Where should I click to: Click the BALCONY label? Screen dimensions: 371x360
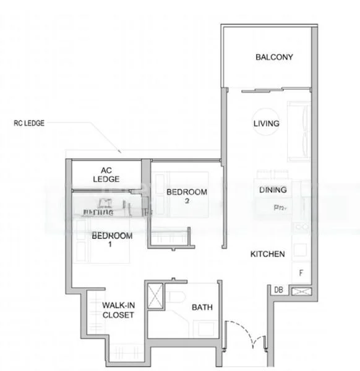coord(274,58)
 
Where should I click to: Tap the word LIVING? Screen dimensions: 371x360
coord(267,124)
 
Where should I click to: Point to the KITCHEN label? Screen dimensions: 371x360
coord(267,254)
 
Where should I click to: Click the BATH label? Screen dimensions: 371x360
coord(202,307)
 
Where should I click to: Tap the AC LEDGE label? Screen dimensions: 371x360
coord(106,174)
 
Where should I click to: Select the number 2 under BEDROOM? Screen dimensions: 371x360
coord(186,202)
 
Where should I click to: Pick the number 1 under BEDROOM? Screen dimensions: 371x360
coord(112,245)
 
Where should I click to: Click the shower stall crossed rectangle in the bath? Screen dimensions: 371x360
coord(156,294)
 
